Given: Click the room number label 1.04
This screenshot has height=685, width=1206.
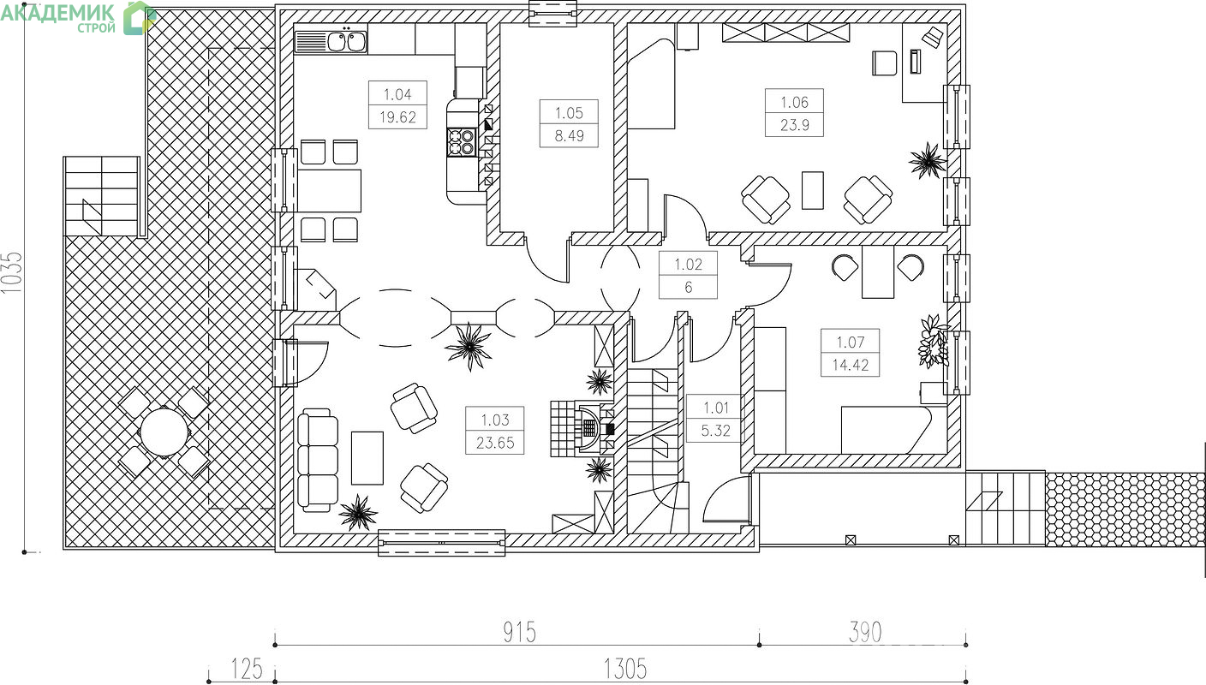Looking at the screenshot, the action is click(397, 95).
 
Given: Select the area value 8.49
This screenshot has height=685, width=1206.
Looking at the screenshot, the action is click(569, 135).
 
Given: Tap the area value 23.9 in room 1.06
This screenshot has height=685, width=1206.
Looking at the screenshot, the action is click(794, 125).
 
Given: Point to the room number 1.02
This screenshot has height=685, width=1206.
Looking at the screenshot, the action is click(688, 265).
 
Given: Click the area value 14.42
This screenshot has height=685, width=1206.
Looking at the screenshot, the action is click(851, 366).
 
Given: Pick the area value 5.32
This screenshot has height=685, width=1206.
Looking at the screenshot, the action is click(715, 431).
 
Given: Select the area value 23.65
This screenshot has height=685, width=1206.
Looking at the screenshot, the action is click(495, 443).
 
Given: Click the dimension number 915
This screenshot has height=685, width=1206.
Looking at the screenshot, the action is click(520, 632).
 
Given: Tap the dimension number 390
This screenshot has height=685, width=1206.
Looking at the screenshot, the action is click(865, 632).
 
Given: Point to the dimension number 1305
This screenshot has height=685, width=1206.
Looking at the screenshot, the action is click(624, 670).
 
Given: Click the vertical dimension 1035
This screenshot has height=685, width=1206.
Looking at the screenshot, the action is click(12, 273).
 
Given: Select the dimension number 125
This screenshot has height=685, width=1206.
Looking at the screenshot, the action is click(247, 670).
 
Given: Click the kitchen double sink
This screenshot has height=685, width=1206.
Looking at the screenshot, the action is click(347, 42).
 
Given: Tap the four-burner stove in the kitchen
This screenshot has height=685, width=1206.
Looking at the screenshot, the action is click(462, 142).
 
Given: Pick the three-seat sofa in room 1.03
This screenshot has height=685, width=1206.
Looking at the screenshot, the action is click(318, 460).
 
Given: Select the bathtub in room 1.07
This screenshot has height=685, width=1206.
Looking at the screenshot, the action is click(887, 430).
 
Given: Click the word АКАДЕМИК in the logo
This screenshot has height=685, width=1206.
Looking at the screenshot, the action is click(57, 13).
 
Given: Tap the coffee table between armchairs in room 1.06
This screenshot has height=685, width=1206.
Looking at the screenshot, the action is click(813, 190).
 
